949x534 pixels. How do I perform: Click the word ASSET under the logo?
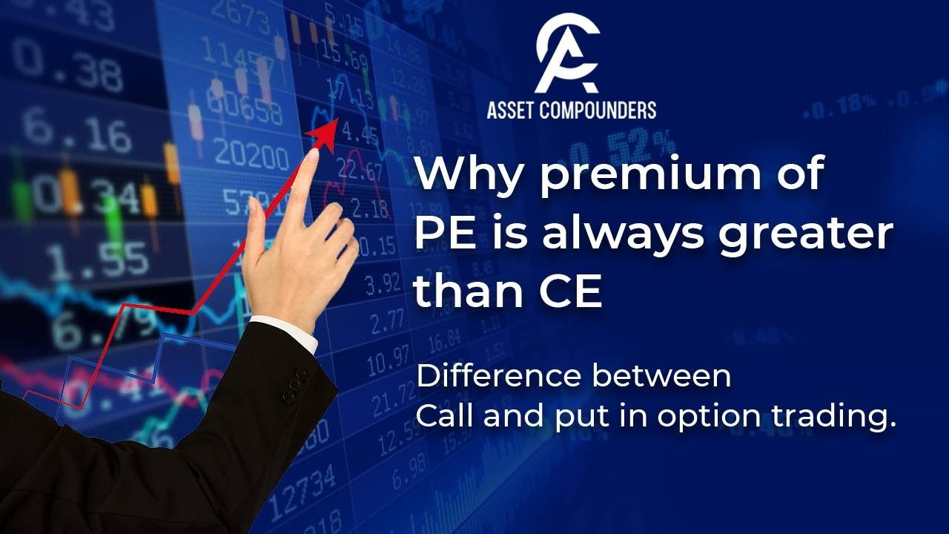tap(515, 110)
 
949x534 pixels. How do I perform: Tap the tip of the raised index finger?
tap(311, 156)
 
